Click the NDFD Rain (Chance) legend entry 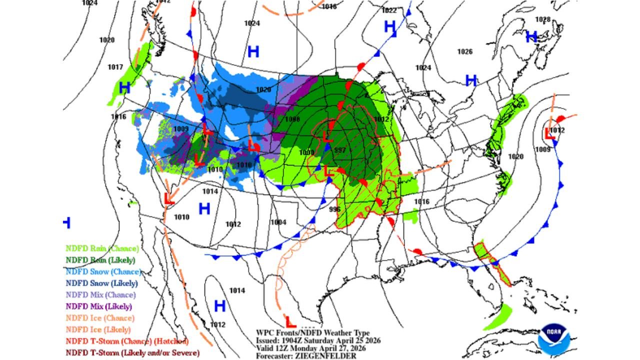[x=102, y=248]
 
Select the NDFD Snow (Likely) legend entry [x=101, y=283]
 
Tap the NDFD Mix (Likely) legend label [x=98, y=306]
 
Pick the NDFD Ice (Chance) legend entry [x=99, y=318]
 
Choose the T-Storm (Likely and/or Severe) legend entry [x=132, y=353]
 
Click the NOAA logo [x=553, y=339]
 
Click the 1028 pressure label [x=542, y=19]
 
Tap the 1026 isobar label [x=464, y=51]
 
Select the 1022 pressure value [x=388, y=10]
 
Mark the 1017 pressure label [x=115, y=67]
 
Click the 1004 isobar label [x=278, y=222]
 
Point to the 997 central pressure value [x=340, y=150]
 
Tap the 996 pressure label [x=334, y=209]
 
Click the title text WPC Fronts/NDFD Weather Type [x=312, y=333]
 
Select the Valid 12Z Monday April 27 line [x=310, y=348]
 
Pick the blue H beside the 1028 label [x=531, y=36]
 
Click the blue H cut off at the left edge [x=67, y=222]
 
